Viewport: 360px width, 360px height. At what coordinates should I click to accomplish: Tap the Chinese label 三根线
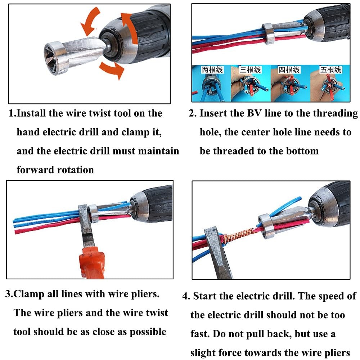251,69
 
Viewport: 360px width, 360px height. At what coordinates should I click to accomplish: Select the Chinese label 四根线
289,69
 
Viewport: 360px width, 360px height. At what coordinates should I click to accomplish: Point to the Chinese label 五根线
330,69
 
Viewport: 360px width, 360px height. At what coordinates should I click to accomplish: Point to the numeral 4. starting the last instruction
186,296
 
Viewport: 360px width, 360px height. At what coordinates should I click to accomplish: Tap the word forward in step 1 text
34,170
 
